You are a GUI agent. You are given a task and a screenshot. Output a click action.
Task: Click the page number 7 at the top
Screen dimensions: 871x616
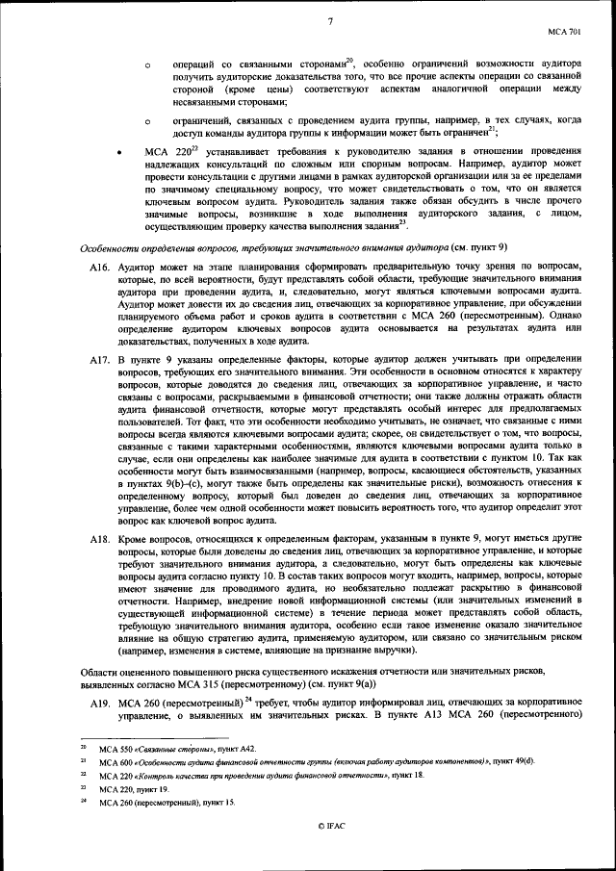tap(329, 21)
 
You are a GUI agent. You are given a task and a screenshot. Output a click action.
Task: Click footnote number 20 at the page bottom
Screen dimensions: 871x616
tap(83, 746)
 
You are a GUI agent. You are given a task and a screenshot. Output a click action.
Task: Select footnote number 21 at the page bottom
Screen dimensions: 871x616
tap(83, 759)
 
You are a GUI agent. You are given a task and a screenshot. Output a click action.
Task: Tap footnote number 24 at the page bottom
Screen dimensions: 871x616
tap(83, 801)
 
